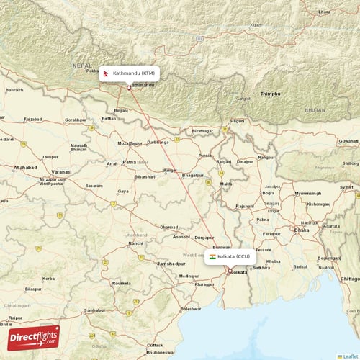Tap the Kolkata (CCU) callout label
coord(229,256)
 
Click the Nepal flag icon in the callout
coord(107,73)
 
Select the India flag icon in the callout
coord(212,256)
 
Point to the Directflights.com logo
coord(33,337)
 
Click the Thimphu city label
coord(270,94)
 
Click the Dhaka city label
coord(302,230)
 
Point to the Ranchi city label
coord(136,243)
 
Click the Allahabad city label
coord(24,167)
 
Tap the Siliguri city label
coord(236,121)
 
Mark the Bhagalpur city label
coord(193,175)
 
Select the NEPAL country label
coord(82,64)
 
